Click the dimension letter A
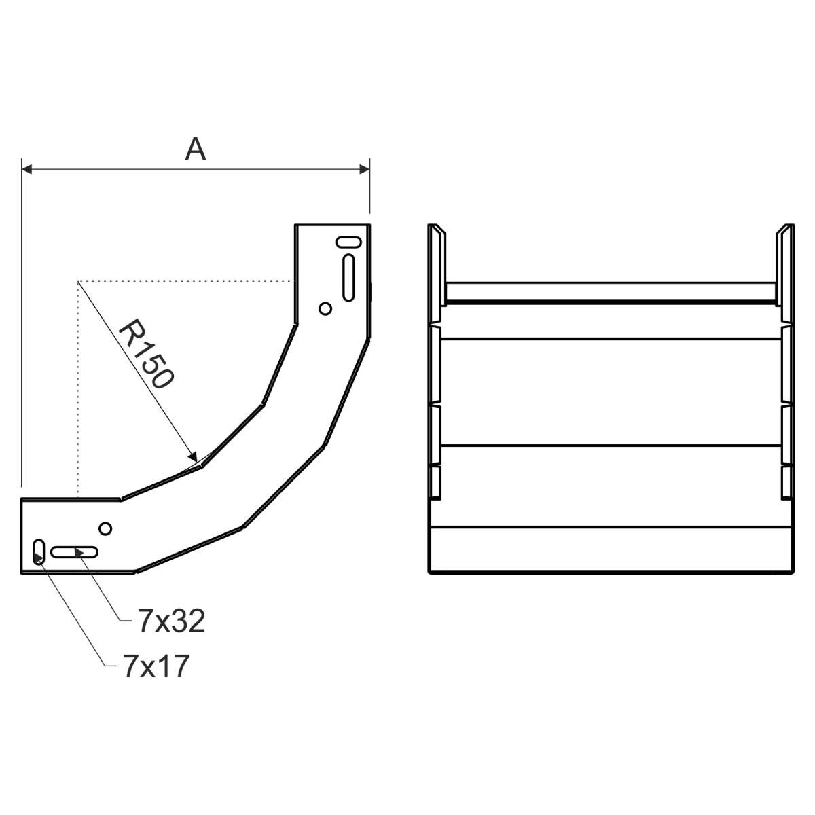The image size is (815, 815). coord(196,149)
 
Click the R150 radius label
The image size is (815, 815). coord(146,355)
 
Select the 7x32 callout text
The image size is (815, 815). coord(171,621)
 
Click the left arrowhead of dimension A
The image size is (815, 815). coord(26,170)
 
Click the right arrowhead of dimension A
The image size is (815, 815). coord(364,170)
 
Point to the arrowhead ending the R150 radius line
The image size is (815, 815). coord(193,457)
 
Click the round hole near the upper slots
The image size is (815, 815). coord(325,309)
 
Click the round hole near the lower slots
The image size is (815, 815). coord(105,528)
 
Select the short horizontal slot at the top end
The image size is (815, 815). coord(348,242)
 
